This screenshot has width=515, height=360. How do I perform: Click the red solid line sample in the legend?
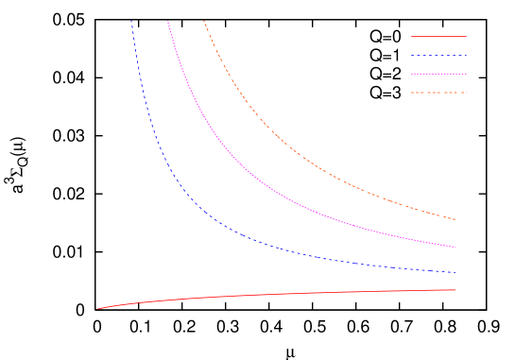438,37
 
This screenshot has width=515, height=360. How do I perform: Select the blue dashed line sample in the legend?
438,56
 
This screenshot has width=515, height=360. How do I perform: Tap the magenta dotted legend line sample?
438,74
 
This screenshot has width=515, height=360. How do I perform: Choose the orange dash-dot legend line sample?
438,93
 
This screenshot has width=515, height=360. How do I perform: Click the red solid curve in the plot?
283,295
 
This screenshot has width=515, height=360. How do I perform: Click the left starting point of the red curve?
95,309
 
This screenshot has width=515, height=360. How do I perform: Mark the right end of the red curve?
456,290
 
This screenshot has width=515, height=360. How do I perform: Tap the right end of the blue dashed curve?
456,273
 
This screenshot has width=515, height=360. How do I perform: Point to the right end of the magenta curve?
456,248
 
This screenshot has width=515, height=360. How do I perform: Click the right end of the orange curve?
456,219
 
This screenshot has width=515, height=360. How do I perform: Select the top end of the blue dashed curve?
131,21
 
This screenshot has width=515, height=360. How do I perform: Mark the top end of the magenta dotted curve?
167,21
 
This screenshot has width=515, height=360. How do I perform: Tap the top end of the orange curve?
203,21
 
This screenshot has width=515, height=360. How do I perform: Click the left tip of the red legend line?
411,37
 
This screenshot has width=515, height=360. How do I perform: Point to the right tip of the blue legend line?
466,56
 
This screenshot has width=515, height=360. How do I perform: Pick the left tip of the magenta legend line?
411,74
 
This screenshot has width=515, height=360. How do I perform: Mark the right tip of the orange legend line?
466,93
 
